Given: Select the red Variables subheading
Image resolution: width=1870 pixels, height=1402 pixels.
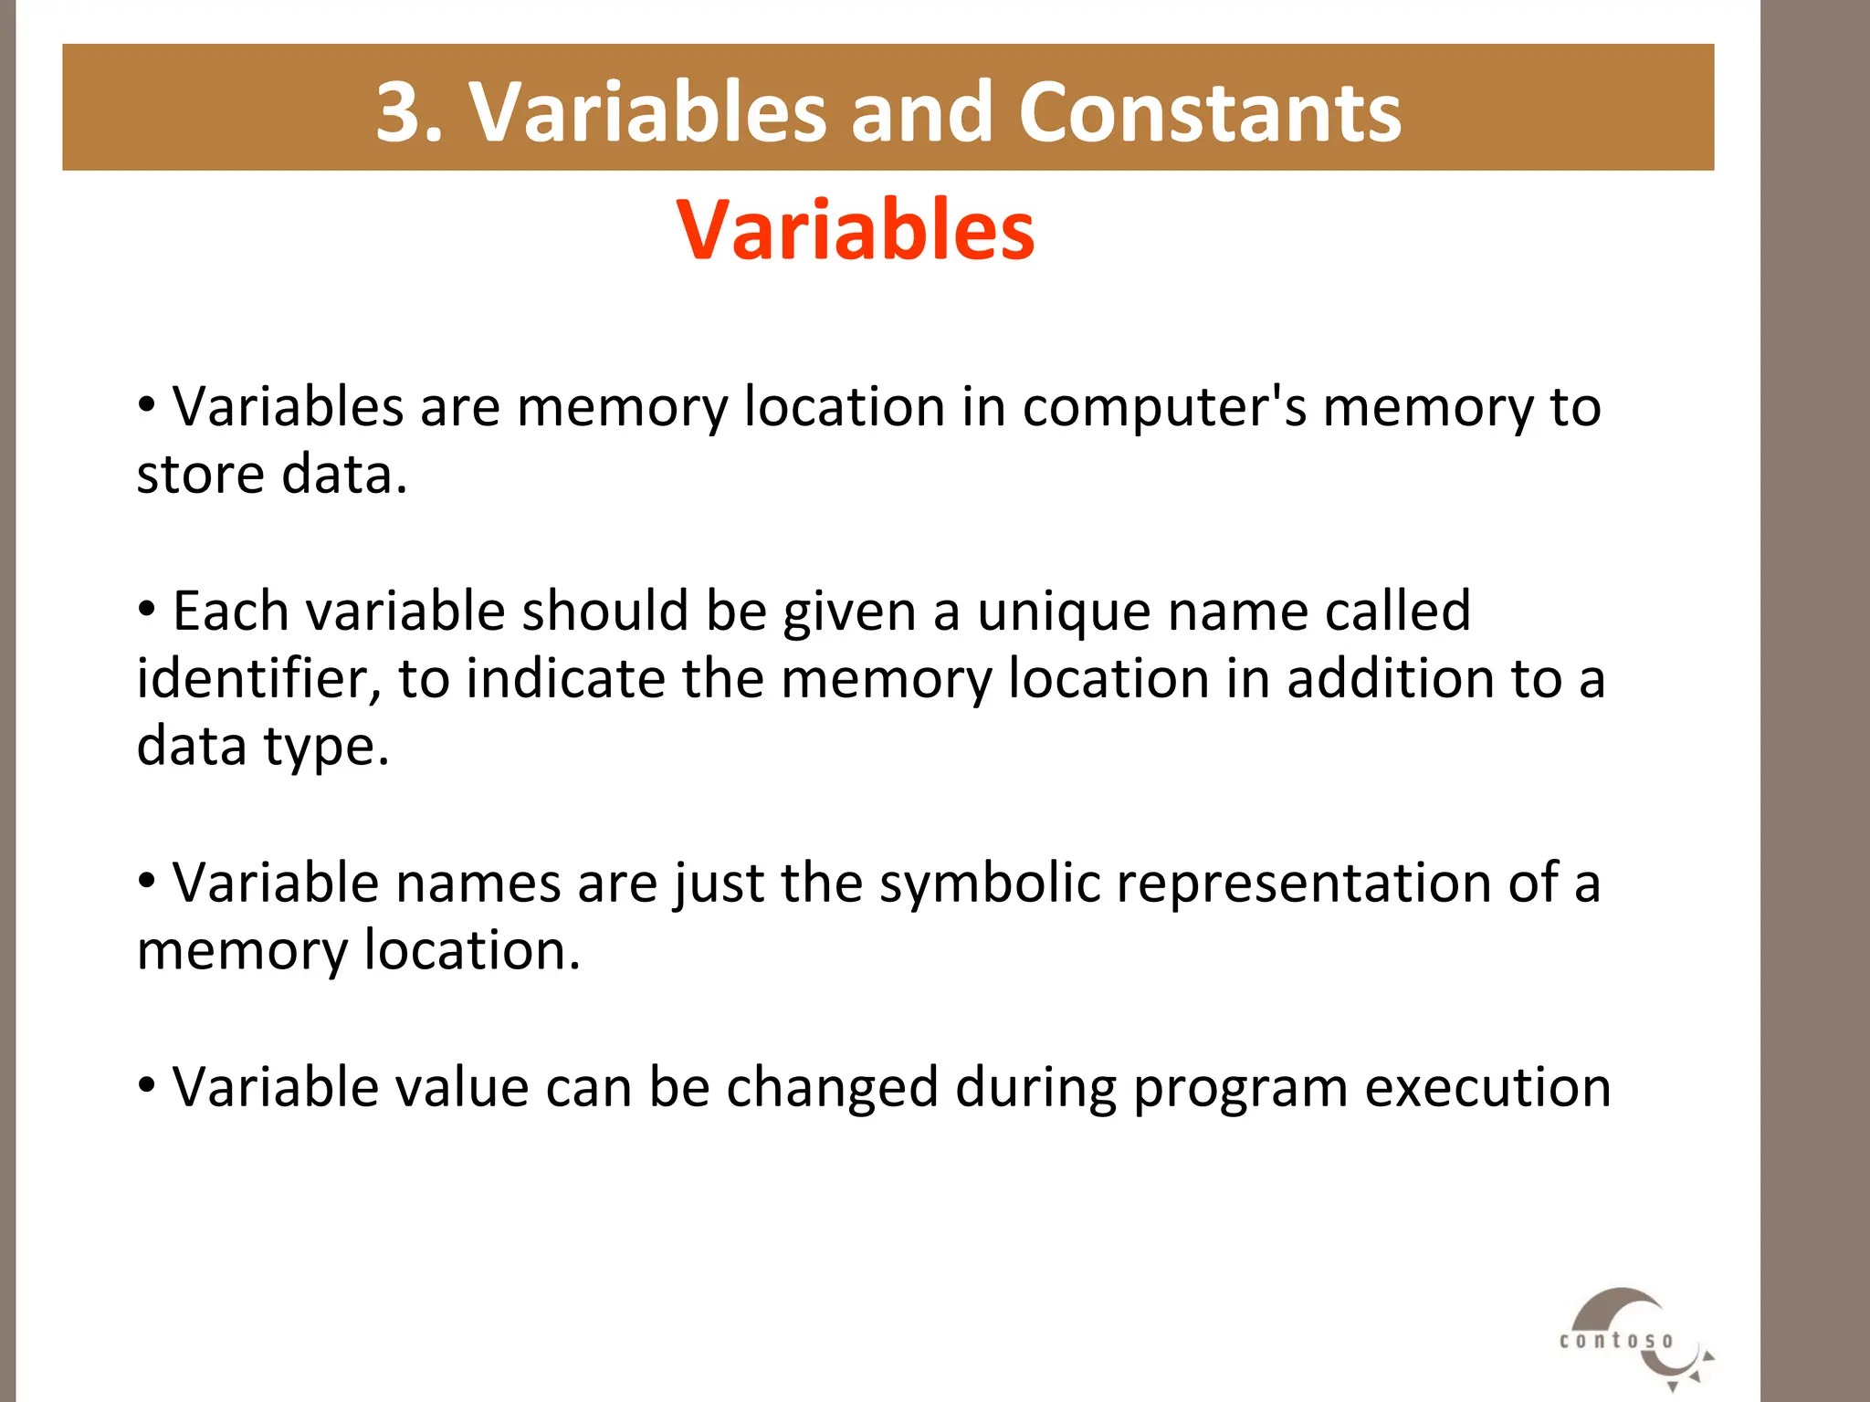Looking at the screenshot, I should (856, 230).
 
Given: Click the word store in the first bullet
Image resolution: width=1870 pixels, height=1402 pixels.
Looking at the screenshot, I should (200, 475).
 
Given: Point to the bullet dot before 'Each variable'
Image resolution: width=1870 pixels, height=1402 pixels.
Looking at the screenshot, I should (146, 608).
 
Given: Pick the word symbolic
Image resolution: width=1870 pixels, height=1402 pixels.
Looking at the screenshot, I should (990, 884).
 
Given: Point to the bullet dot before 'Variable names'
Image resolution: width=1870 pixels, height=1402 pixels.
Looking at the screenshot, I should (146, 881).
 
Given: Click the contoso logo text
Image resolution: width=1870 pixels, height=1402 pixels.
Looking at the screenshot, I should (1616, 1341).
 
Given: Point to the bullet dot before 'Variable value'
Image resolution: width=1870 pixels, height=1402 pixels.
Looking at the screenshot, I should (146, 1085).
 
